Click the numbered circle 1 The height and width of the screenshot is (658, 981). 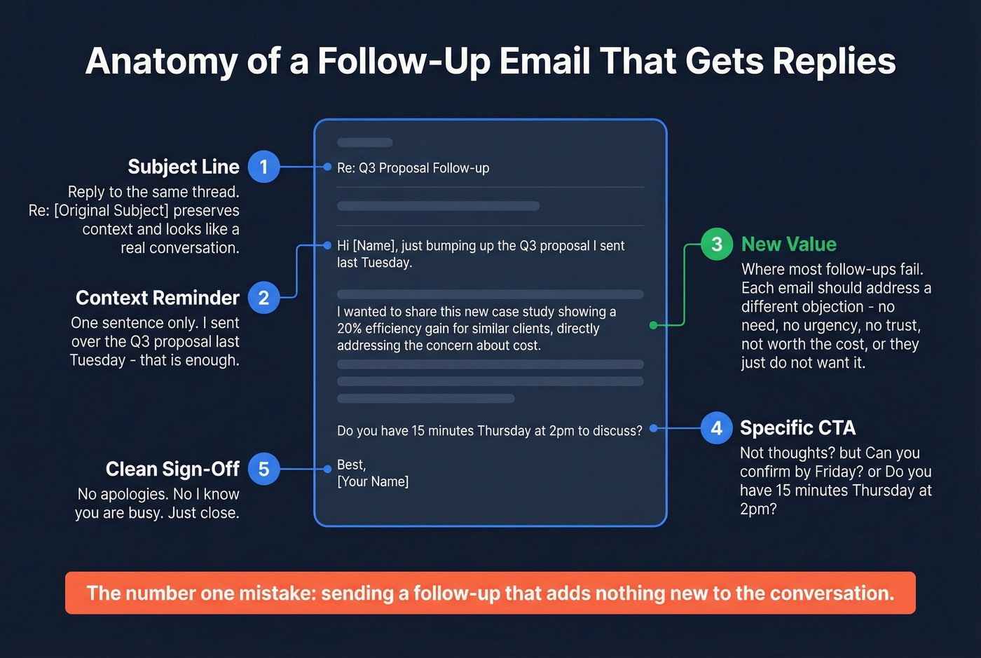(263, 167)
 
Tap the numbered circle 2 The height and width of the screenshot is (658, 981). (263, 298)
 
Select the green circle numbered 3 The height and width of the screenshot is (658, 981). (716, 244)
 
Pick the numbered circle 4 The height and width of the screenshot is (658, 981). (716, 428)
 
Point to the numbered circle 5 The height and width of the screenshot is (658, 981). (263, 469)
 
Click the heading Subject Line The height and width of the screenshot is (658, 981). (184, 167)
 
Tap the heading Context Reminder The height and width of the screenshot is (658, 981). (158, 298)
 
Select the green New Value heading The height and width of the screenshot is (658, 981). (789, 244)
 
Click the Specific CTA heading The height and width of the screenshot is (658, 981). (797, 428)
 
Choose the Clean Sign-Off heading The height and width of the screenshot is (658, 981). (172, 469)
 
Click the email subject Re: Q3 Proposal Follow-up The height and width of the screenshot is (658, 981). (413, 168)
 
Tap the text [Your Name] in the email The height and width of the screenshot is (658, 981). (373, 481)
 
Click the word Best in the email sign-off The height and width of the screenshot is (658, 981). (350, 465)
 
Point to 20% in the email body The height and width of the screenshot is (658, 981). (349, 329)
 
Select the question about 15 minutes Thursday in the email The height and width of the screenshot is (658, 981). (489, 431)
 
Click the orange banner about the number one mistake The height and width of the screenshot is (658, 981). (490, 593)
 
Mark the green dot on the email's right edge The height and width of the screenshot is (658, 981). (653, 325)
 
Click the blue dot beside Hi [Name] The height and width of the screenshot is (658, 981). (327, 245)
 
